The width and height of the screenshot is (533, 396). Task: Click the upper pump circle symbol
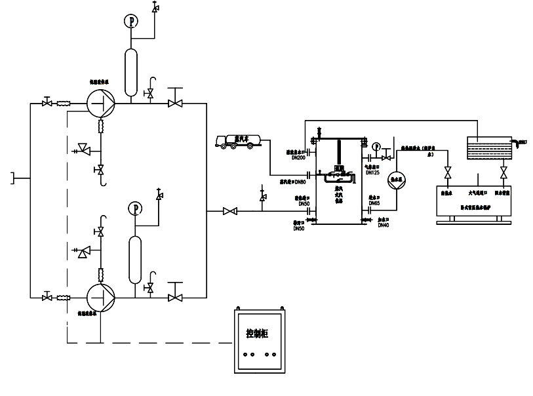pyautogui.click(x=101, y=102)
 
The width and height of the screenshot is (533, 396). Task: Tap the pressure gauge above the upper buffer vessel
pyautogui.click(x=132, y=21)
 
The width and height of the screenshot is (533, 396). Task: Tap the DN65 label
pyautogui.click(x=374, y=203)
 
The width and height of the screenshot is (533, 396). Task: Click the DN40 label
pyautogui.click(x=384, y=225)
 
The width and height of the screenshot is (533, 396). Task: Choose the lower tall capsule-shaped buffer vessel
pyautogui.click(x=136, y=260)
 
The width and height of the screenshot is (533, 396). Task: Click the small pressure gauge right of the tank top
pyautogui.click(x=376, y=146)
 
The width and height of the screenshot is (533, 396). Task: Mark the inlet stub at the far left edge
pyautogui.click(x=14, y=176)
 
